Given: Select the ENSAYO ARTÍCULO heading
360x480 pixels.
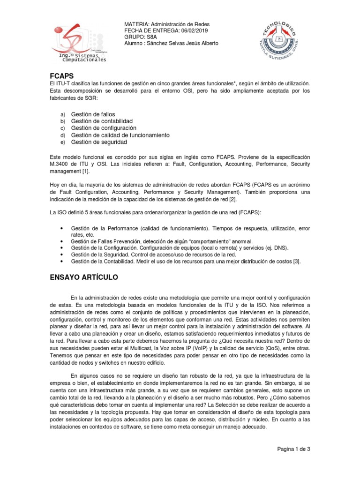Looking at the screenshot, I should (x=84, y=277).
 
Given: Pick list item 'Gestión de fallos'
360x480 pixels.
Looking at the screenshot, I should (x=93, y=114).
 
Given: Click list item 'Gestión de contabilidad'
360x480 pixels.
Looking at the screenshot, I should (x=102, y=121).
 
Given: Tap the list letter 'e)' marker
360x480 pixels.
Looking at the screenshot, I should (x=63, y=142).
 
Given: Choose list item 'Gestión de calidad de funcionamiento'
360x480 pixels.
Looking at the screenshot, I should (x=120, y=135).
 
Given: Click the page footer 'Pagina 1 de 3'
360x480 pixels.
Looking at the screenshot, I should (x=293, y=449).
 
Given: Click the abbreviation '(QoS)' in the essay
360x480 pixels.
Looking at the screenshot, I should (x=265, y=349).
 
